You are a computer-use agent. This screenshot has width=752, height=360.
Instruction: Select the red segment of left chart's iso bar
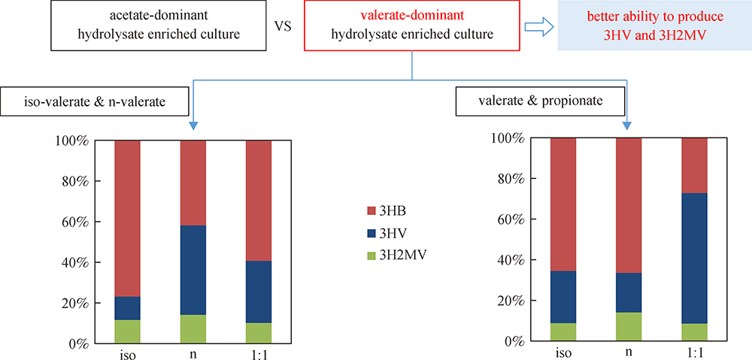click(127, 218)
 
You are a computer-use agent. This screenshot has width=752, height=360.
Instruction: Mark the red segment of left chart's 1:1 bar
click(259, 201)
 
